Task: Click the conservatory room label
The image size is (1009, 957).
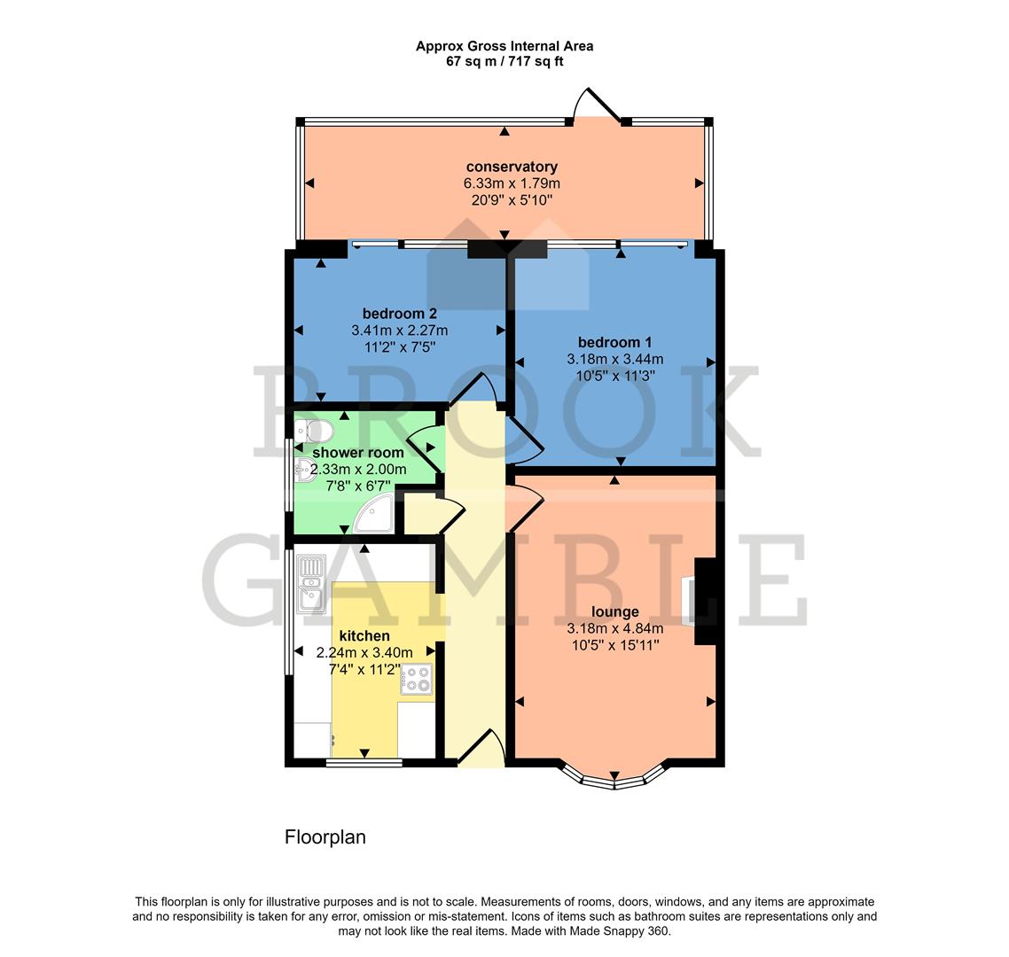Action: tap(512, 167)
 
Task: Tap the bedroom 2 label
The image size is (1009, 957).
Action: tap(399, 314)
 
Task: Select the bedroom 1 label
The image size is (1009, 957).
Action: tap(614, 343)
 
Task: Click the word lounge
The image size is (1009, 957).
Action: tap(614, 612)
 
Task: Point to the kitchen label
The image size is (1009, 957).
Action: tap(364, 636)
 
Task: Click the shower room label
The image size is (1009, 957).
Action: tap(358, 453)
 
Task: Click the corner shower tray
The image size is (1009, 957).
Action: tap(379, 513)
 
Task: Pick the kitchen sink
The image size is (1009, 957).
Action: tap(312, 581)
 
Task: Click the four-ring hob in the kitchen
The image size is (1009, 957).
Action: tap(416, 679)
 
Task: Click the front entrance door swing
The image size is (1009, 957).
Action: tap(483, 746)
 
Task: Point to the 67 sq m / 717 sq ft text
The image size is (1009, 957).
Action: tap(504, 61)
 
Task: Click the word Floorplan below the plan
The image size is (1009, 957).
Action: tap(325, 837)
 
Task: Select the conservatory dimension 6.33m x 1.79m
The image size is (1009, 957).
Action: tap(512, 183)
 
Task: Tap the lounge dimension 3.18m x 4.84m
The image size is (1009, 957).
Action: tap(614, 629)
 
